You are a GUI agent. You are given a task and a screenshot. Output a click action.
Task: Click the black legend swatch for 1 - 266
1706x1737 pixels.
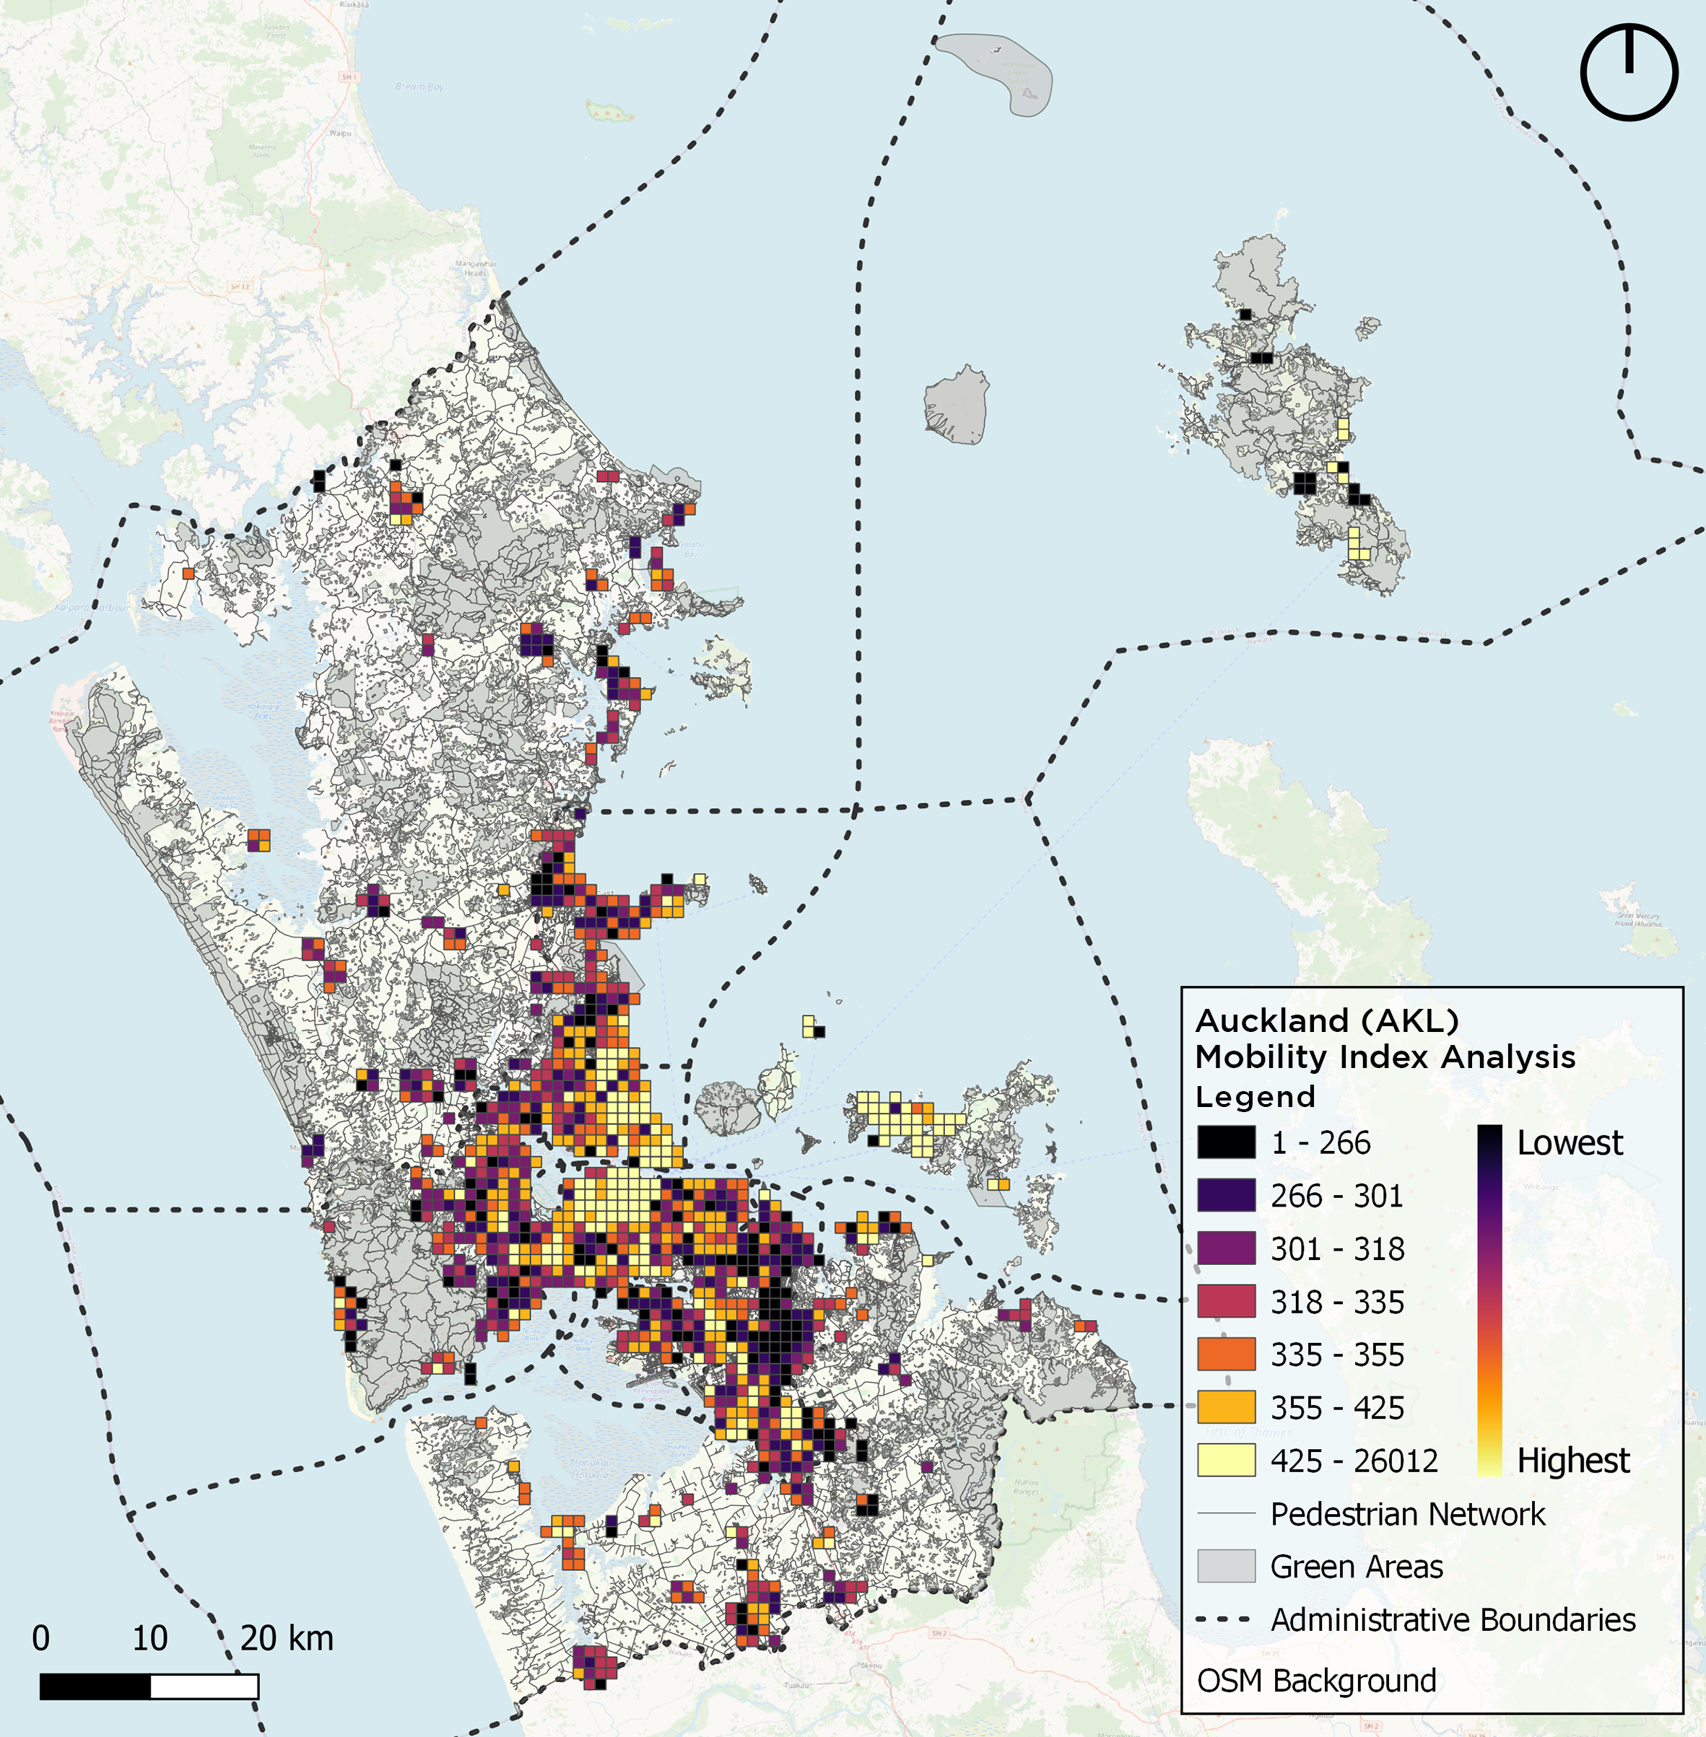click(1226, 1142)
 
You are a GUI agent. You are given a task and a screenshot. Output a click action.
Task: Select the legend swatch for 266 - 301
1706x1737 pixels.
click(1226, 1195)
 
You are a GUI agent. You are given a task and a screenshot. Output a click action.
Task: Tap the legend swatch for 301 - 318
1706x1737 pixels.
click(1226, 1248)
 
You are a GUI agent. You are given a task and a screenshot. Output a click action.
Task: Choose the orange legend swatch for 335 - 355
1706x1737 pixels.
click(1226, 1354)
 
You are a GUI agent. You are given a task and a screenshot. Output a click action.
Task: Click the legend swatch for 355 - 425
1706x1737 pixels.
click(1226, 1406)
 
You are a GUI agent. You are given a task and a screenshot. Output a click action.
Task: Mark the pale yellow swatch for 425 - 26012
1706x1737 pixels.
click(1226, 1460)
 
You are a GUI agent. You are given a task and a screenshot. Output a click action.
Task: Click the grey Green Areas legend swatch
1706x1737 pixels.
click(1226, 1566)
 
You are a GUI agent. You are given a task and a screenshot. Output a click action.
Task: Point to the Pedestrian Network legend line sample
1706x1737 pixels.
click(1226, 1514)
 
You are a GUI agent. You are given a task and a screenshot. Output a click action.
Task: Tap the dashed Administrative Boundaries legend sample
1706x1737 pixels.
click(1226, 1619)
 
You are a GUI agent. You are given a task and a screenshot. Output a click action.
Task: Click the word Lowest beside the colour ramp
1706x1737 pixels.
click(1569, 1143)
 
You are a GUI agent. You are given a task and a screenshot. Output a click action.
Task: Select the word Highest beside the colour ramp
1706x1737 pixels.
click(1572, 1460)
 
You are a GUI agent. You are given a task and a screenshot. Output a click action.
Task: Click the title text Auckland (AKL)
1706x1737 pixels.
click(1326, 1020)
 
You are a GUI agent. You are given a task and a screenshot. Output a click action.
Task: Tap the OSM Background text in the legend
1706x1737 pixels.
click(1316, 1681)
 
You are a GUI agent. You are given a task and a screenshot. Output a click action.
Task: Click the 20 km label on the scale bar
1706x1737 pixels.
click(287, 1638)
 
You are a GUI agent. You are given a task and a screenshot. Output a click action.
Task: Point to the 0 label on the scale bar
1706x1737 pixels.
click(41, 1638)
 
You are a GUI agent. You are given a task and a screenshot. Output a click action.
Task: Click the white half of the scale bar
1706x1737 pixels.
click(204, 1686)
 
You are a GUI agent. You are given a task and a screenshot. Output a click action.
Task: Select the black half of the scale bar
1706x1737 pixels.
click(95, 1686)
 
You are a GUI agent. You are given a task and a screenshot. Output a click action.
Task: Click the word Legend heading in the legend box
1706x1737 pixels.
click(1255, 1096)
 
